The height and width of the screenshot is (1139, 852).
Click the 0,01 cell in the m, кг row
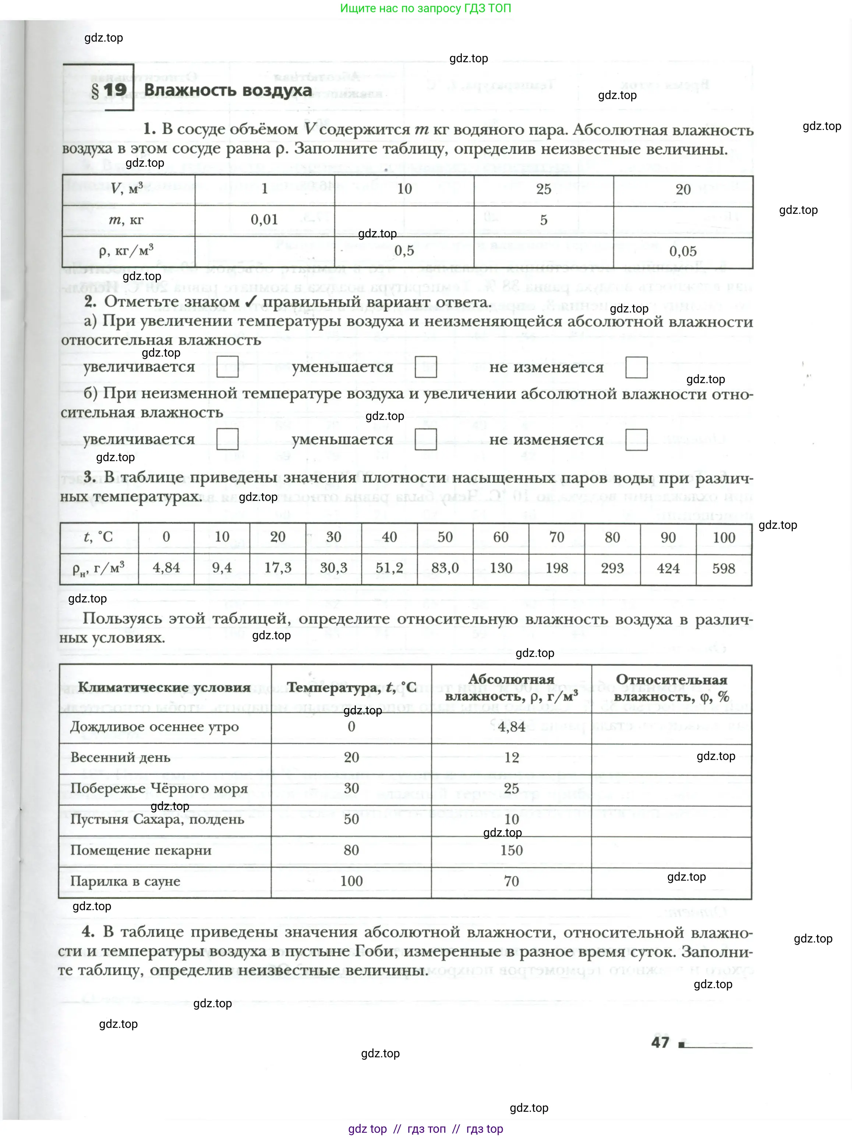click(x=264, y=219)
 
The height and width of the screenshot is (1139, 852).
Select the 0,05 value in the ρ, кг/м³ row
click(x=683, y=251)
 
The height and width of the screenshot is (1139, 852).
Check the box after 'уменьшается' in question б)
click(x=426, y=439)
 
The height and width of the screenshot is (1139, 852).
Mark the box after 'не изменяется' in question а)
click(x=636, y=367)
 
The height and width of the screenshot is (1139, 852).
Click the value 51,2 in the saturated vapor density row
click(x=389, y=568)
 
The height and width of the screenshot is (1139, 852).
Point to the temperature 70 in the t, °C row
click(x=556, y=537)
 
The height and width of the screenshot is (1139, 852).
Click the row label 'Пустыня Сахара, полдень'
click(x=157, y=819)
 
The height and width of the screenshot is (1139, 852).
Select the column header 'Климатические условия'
click(x=164, y=687)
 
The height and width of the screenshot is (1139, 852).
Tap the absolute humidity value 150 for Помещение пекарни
click(x=511, y=850)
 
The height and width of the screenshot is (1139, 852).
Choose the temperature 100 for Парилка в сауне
click(x=351, y=881)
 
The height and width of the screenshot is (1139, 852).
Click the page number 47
click(x=660, y=1042)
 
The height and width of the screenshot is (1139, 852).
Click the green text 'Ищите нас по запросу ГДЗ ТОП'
click(x=425, y=8)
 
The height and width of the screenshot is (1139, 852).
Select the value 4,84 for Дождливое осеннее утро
click(x=511, y=726)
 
